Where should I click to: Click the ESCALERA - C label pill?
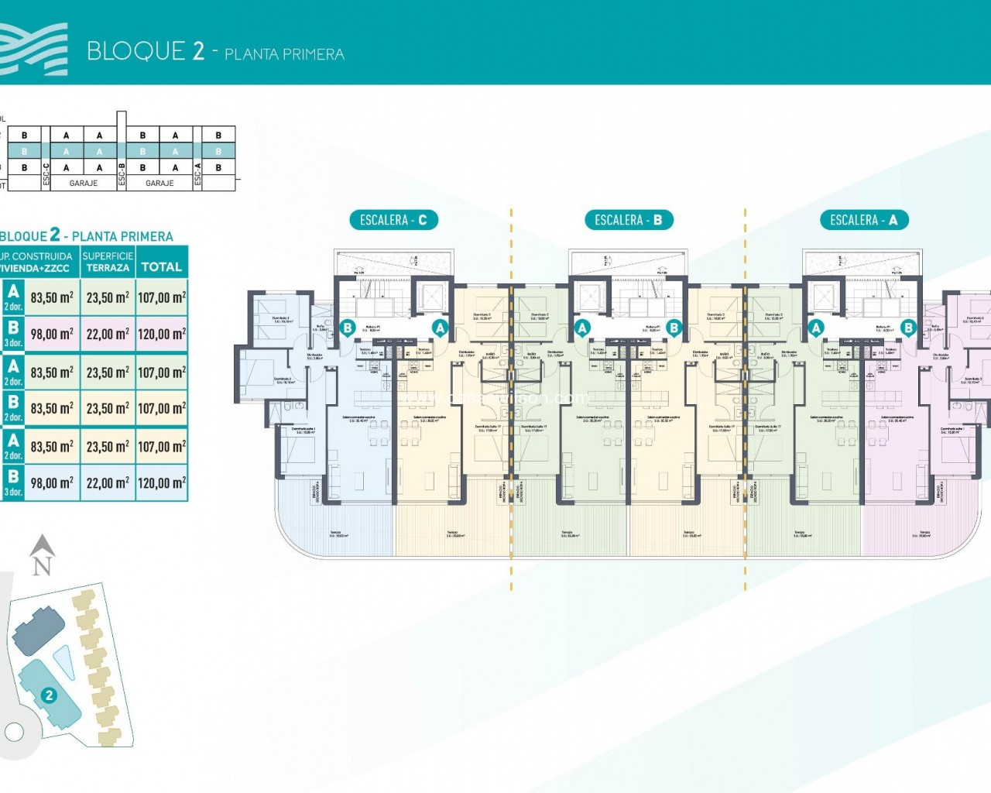click(x=393, y=220)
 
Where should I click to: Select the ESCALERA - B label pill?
click(x=628, y=220)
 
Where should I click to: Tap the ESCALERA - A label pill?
click(x=863, y=220)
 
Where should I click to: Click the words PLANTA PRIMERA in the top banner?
click(x=284, y=54)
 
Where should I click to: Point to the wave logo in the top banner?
click(x=34, y=50)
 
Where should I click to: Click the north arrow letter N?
click(x=43, y=566)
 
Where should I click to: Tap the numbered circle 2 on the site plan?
click(x=50, y=695)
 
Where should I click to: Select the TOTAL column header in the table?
click(x=161, y=267)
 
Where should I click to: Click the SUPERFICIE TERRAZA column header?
click(x=108, y=262)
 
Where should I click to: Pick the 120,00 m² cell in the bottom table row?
click(x=161, y=483)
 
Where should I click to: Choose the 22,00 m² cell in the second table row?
click(x=108, y=335)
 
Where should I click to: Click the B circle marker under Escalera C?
click(x=348, y=328)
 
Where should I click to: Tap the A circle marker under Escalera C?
click(x=440, y=328)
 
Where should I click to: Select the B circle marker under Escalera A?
click(x=908, y=328)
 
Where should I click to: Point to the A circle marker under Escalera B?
click(x=582, y=328)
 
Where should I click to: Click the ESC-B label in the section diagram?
click(x=122, y=176)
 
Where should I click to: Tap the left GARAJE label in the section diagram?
click(x=84, y=184)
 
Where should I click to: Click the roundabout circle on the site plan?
click(x=14, y=730)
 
